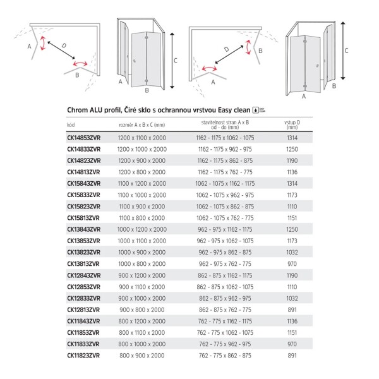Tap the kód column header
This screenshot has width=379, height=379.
tap(70, 124)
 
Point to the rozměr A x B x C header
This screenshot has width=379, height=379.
tap(142, 124)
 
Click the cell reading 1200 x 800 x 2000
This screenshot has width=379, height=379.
tap(142, 172)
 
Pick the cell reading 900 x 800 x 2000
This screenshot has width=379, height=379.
tap(142, 309)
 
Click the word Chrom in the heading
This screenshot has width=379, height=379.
tap(78, 109)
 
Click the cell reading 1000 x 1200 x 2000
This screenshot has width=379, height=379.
tap(142, 229)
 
